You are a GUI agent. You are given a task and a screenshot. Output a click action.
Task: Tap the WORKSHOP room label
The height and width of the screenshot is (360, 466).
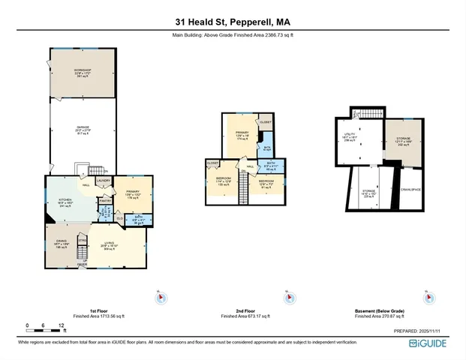tap(82, 72)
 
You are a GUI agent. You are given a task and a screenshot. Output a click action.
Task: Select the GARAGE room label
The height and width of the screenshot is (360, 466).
tap(82, 130)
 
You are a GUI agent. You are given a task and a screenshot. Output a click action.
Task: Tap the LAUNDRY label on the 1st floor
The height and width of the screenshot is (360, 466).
tap(104, 181)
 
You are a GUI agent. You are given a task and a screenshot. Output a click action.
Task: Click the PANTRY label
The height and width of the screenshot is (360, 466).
tap(105, 200)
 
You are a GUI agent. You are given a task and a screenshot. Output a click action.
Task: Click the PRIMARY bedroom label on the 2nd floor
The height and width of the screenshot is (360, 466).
tap(242, 134)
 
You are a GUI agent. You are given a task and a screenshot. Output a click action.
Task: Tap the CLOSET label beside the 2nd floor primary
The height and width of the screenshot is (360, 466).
tap(265, 121)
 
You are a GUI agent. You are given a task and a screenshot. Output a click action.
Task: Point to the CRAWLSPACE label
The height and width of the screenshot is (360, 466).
tap(411, 189)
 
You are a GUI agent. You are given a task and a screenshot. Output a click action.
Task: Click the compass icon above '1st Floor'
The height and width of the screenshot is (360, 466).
tap(160, 298)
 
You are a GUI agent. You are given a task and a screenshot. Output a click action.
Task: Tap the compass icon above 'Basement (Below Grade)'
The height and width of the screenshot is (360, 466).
tap(428, 298)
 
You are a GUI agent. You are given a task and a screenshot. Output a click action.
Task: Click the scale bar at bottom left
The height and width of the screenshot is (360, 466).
tap(45, 328)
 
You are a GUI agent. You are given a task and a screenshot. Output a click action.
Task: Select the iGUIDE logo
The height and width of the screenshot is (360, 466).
tap(429, 343)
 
